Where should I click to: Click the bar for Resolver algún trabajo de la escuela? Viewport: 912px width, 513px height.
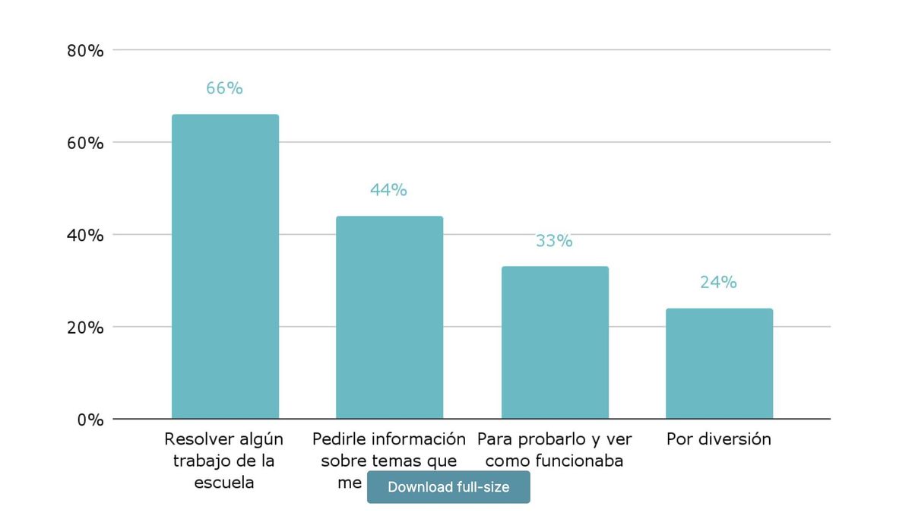tap(225, 266)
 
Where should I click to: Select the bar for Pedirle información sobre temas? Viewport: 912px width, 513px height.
tap(389, 317)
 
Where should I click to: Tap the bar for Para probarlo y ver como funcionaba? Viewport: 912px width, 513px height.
tap(555, 342)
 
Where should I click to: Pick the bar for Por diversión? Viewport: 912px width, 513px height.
tap(719, 363)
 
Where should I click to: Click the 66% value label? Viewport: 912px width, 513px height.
tap(224, 88)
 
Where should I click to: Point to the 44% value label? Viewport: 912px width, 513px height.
tap(388, 190)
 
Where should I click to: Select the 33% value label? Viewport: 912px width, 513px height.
tap(554, 241)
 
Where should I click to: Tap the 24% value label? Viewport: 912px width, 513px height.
tap(718, 283)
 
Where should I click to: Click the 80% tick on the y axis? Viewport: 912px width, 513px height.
tap(85, 51)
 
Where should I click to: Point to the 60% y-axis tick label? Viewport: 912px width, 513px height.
tap(85, 143)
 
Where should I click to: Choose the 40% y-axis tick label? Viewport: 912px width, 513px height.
tap(85, 236)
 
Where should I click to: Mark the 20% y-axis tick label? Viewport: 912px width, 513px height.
tap(85, 328)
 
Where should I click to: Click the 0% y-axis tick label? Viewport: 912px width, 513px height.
tap(90, 420)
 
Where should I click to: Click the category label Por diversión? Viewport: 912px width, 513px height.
tap(718, 439)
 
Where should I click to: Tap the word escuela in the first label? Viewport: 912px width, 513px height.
tap(224, 483)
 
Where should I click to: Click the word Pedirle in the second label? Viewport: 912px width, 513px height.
tap(339, 439)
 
